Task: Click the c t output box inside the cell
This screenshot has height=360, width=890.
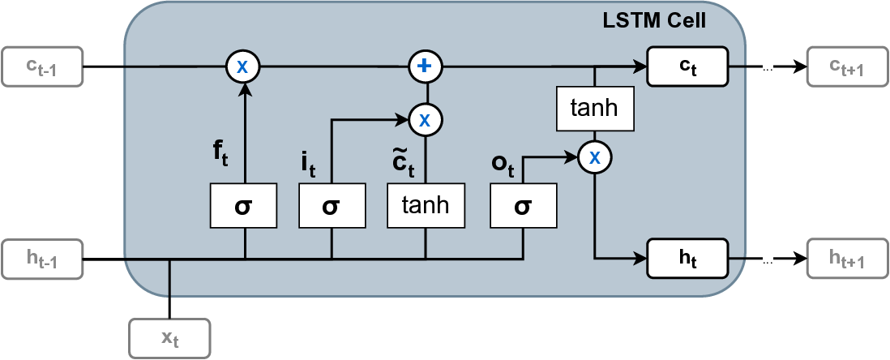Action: point(687,66)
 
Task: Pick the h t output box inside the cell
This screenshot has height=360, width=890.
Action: point(687,259)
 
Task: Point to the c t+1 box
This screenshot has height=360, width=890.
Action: point(846,66)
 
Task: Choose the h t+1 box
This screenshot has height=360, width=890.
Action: point(846,259)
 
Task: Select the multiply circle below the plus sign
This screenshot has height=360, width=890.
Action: point(424,120)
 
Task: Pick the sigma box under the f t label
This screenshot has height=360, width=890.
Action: point(243,205)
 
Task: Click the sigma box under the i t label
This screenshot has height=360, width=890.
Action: point(331,205)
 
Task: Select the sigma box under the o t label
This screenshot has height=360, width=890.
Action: point(523,205)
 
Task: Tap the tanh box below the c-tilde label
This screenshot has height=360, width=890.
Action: point(426,205)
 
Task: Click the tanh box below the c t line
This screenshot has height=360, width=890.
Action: point(594,109)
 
